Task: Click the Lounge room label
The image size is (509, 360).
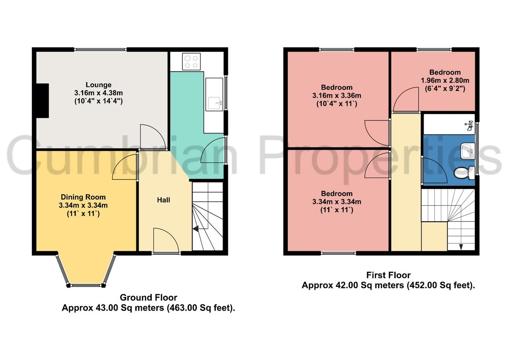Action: coord(98,85)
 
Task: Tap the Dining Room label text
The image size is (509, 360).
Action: coord(83,197)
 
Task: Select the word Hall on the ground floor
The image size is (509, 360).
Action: coord(164,200)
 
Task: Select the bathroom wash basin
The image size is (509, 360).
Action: coord(467,152)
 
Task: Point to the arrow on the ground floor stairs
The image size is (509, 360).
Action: coord(196,228)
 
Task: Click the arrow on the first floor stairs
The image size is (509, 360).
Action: coord(461,247)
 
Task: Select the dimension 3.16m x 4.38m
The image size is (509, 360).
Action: coord(98,93)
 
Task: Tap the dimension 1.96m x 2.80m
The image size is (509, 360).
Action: coord(445,81)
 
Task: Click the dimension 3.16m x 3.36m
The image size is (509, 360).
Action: coord(337,96)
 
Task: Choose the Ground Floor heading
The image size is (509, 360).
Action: coord(148,298)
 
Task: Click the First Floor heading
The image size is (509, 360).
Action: coord(388,275)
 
